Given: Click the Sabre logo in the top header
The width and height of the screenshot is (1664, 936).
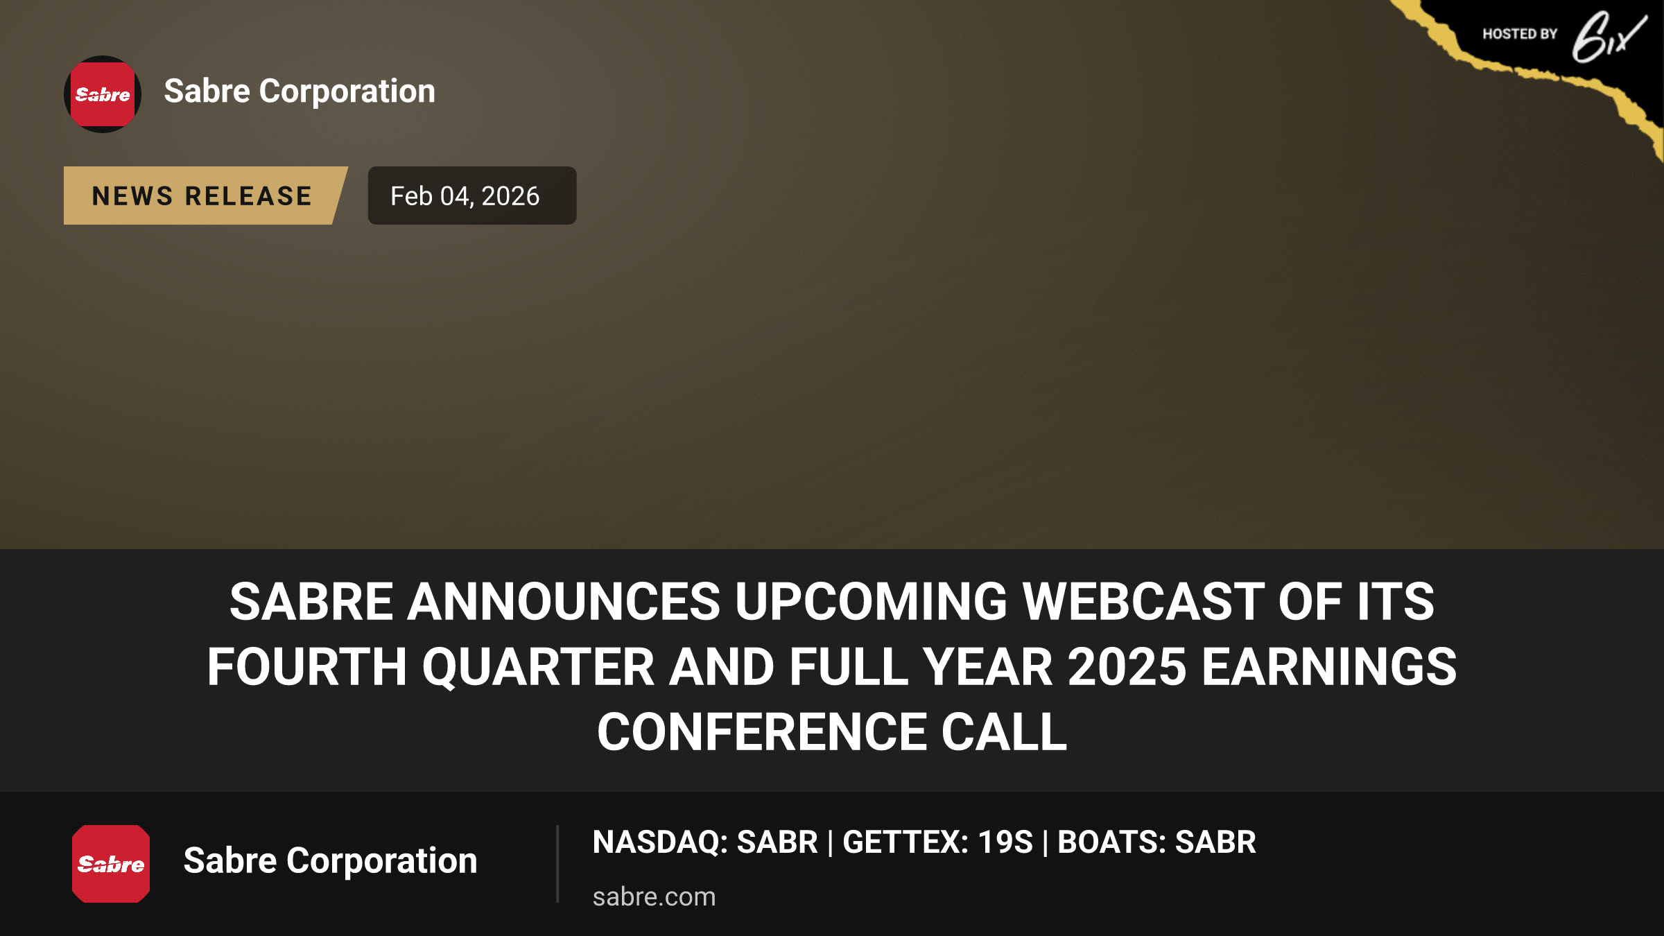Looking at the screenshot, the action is (103, 94).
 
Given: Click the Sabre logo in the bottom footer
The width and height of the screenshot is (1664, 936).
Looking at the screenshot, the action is (111, 863).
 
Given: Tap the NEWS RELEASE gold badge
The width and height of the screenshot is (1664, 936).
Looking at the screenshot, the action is (202, 196).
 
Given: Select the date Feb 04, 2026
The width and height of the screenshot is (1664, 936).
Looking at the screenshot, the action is (465, 196).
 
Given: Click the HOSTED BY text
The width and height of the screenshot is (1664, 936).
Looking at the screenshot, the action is (1520, 34).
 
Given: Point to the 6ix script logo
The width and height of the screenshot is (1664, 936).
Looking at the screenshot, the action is (1609, 37).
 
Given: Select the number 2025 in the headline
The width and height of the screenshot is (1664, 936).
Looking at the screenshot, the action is (1127, 667).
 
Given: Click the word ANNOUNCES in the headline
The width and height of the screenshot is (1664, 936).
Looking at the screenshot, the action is (564, 601).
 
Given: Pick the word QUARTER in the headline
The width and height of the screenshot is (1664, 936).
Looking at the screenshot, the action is (538, 667).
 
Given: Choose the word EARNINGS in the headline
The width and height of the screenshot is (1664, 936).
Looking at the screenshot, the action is (1329, 667).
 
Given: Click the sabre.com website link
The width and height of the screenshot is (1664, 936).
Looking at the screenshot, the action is (654, 896).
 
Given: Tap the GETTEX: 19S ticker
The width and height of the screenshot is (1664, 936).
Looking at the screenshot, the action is (937, 842).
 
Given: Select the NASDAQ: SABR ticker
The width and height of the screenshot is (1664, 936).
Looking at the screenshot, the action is (705, 842).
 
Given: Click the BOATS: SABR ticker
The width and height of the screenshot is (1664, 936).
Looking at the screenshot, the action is (1156, 842).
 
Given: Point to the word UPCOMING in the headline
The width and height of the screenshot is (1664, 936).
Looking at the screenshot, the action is (872, 601).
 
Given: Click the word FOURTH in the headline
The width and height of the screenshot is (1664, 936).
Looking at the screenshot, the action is (307, 667).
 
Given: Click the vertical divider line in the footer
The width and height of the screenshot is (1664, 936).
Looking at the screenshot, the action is (557, 864).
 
